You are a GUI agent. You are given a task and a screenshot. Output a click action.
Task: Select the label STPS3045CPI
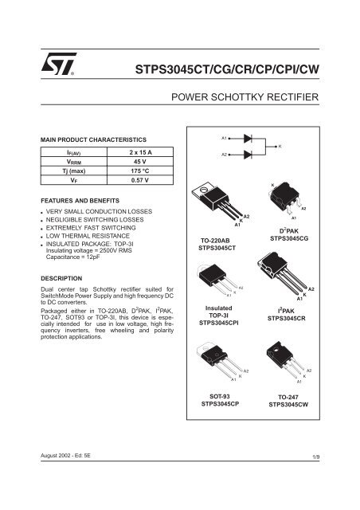coord(217,323)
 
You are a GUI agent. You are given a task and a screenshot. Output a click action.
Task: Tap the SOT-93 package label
coord(217,395)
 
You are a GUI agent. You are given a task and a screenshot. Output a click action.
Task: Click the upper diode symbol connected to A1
coord(247,138)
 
